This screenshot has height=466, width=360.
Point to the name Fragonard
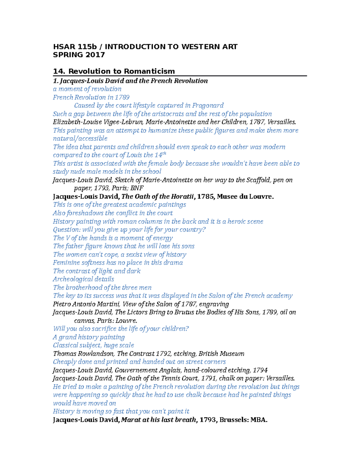click(208, 106)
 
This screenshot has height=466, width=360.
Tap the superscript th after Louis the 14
click(164, 153)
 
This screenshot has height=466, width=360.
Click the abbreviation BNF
click(137, 188)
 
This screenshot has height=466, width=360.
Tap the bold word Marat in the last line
click(131, 420)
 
